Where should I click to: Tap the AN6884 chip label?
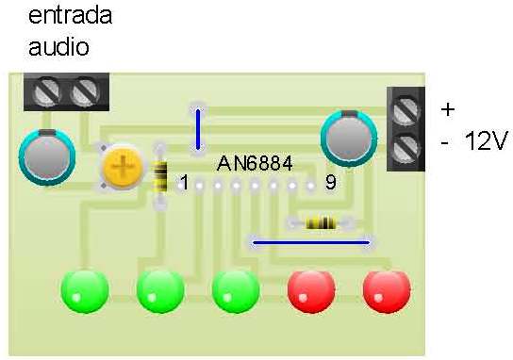[255, 163]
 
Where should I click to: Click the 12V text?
[487, 141]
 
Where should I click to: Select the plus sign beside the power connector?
[447, 109]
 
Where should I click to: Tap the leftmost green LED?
[86, 290]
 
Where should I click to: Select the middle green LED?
[160, 290]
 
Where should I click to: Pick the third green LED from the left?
[236, 290]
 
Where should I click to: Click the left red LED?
[311, 290]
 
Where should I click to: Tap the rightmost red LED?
[388, 290]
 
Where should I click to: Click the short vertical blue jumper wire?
[198, 129]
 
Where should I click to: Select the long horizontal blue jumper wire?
[312, 242]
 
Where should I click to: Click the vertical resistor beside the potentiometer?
[160, 175]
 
